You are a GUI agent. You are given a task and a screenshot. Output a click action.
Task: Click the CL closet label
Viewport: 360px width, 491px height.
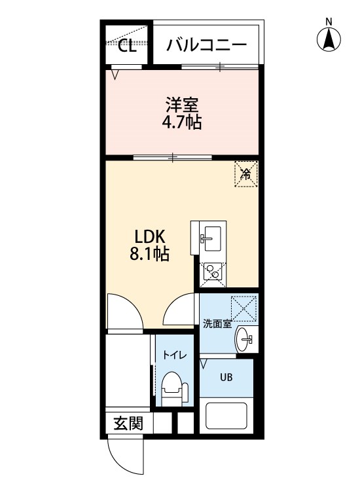coord(128,46)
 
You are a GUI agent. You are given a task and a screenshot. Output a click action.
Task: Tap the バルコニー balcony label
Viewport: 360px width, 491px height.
coord(206,45)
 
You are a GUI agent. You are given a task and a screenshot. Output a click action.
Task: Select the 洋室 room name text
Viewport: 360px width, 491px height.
coord(181,105)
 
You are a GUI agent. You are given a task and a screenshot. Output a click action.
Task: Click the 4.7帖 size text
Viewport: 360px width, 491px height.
coord(181,122)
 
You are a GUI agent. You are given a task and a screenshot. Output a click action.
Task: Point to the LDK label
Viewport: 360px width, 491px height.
coord(149,237)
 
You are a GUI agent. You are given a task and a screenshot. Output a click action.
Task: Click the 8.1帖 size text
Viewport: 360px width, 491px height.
coord(149,254)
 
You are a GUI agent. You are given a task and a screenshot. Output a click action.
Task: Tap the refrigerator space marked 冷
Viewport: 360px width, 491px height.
coord(246,174)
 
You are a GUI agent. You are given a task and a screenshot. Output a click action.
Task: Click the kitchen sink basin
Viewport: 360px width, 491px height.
coord(211,238)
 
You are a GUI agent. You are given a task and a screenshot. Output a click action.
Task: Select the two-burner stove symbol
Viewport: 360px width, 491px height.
coord(213,271)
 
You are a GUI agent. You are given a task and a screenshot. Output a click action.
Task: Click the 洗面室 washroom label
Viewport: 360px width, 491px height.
coord(217,324)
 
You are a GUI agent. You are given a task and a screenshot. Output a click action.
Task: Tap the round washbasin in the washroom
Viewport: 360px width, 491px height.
coord(244,339)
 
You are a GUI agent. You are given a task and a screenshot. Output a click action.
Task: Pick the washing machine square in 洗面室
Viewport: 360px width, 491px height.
coord(243,308)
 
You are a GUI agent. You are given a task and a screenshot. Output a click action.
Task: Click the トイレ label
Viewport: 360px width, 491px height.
coord(174,355)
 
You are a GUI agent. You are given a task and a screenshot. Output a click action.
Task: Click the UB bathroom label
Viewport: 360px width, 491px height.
coord(226,377)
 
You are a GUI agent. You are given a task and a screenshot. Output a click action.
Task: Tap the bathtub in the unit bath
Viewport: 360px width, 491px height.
coord(226,416)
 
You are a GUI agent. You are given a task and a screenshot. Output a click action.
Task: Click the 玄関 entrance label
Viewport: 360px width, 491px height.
coord(128,424)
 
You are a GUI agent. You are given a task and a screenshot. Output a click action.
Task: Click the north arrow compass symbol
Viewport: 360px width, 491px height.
coord(329,39)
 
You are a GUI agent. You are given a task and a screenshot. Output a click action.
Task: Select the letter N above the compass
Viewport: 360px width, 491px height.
coord(329,22)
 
